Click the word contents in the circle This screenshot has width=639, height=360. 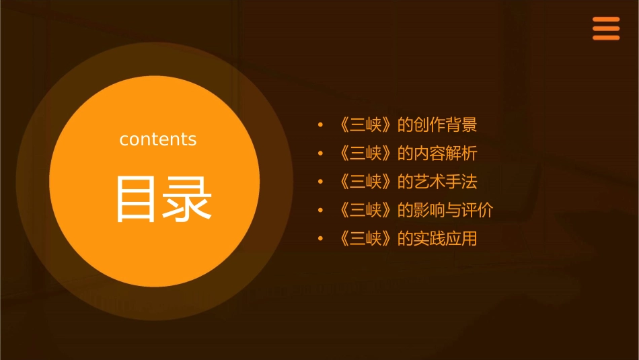[158, 139]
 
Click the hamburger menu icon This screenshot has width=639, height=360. [606, 29]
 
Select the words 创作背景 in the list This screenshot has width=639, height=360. [445, 125]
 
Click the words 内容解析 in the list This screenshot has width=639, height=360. [445, 153]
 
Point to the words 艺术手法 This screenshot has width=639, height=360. [445, 182]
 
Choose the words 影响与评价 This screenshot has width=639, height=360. [453, 210]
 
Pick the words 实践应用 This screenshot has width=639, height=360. [445, 238]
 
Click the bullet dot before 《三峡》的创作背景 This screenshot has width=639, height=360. [321, 125]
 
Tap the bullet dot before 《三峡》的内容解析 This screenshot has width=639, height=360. [321, 153]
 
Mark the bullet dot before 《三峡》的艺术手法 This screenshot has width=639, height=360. [321, 182]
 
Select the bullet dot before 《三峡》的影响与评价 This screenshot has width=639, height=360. [321, 210]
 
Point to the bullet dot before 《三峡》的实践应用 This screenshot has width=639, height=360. [321, 238]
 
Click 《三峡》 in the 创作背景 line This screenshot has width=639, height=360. [366, 125]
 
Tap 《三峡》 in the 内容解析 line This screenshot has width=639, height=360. [366, 153]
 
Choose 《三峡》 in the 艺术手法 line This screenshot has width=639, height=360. [366, 182]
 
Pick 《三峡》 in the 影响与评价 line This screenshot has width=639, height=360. [366, 210]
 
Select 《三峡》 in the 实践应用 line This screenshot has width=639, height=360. [366, 238]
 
